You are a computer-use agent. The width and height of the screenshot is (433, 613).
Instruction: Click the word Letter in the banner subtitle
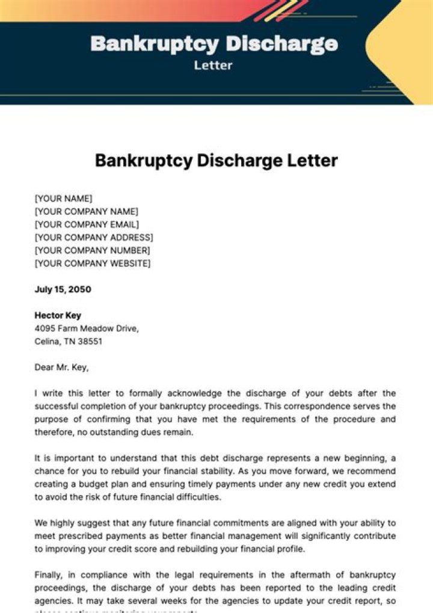(x=213, y=65)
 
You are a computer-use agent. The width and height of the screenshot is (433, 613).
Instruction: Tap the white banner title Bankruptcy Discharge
(x=214, y=43)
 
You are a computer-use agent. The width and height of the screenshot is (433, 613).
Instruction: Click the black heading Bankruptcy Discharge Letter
(x=216, y=161)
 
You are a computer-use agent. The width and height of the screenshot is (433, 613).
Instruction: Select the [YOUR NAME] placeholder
(x=64, y=199)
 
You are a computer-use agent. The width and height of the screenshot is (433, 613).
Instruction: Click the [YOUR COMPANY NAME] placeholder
(x=87, y=212)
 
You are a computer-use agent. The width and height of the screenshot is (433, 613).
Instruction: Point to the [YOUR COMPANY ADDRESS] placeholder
(x=94, y=238)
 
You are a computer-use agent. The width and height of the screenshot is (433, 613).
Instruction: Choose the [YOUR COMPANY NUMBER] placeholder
(x=93, y=250)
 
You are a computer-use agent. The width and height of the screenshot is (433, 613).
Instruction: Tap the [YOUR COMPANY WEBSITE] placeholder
(x=93, y=263)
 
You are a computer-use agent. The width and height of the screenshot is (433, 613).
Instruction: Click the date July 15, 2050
(x=63, y=289)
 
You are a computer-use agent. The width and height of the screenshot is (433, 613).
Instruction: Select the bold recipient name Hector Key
(x=58, y=315)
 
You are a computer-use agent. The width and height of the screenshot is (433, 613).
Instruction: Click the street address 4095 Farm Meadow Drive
(x=87, y=328)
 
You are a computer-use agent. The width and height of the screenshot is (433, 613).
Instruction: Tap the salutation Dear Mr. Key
(x=61, y=367)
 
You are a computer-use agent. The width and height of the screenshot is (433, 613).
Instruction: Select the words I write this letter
(x=70, y=393)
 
